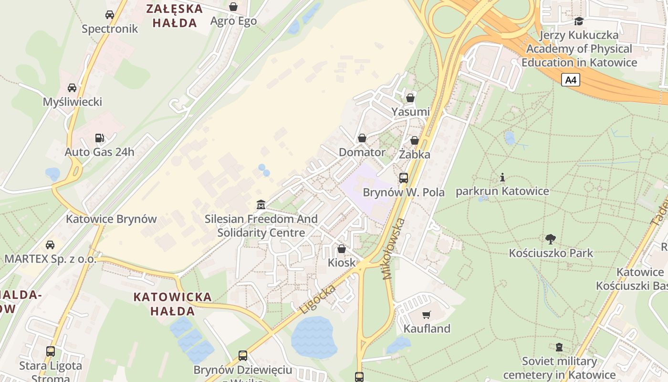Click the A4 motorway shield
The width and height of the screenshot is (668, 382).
pyautogui.click(x=571, y=80)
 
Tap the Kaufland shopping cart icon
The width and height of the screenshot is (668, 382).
pyautogui.click(x=426, y=315)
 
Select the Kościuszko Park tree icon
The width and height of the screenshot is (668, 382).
pyautogui.click(x=551, y=239)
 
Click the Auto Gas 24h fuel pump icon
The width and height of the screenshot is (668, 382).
pyautogui.click(x=99, y=138)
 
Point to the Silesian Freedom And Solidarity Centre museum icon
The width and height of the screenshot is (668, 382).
pyautogui.click(x=261, y=204)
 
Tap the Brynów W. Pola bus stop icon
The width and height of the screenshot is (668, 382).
pyautogui.click(x=404, y=178)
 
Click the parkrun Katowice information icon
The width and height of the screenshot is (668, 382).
pyautogui.click(x=502, y=178)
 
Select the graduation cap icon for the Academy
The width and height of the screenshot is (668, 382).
pyautogui.click(x=579, y=21)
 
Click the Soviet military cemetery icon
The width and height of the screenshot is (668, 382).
pyautogui.click(x=559, y=347)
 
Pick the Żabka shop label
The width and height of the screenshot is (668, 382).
pyautogui.click(x=415, y=154)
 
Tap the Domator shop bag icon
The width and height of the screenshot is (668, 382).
pyautogui.click(x=362, y=138)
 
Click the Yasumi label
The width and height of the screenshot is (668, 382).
pyautogui.click(x=410, y=112)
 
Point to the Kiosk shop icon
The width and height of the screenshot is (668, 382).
pyautogui.click(x=342, y=248)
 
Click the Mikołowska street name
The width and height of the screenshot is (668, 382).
pyautogui.click(x=394, y=249)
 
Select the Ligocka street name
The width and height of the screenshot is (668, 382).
pyautogui.click(x=318, y=298)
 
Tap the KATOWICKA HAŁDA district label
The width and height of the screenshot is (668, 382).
pyautogui.click(x=172, y=304)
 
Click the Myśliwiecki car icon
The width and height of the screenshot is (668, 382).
pyautogui.click(x=72, y=88)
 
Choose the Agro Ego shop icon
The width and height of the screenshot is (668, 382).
pyautogui.click(x=233, y=7)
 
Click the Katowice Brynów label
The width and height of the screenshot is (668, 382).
pyautogui.click(x=111, y=219)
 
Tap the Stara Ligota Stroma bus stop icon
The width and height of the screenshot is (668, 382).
pyautogui.click(x=51, y=351)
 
